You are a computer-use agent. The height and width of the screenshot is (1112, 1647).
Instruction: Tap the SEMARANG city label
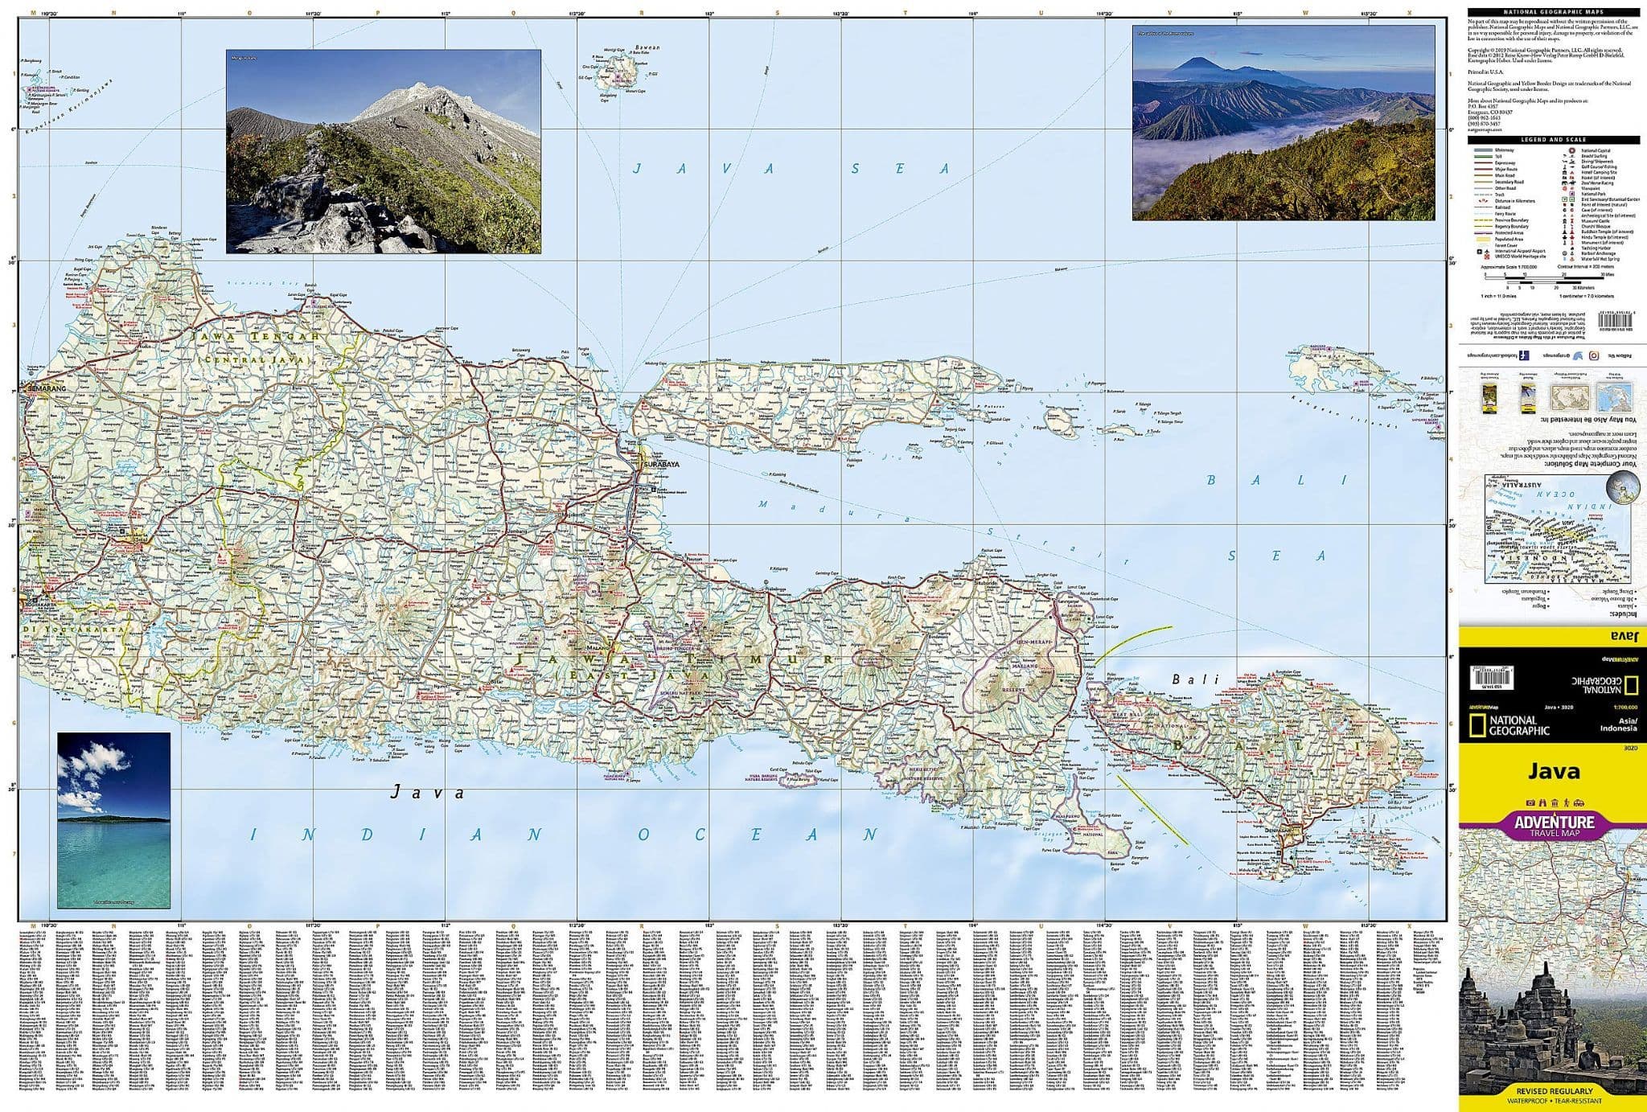pyautogui.click(x=46, y=389)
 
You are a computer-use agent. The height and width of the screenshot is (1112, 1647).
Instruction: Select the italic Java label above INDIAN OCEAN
pyautogui.click(x=427, y=793)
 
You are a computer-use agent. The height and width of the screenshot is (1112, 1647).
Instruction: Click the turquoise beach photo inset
pyautogui.click(x=113, y=819)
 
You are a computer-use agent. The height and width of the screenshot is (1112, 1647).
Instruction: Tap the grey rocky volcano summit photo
pyautogui.click(x=383, y=151)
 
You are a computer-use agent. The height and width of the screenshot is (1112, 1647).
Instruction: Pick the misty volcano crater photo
pyautogui.click(x=1283, y=122)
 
